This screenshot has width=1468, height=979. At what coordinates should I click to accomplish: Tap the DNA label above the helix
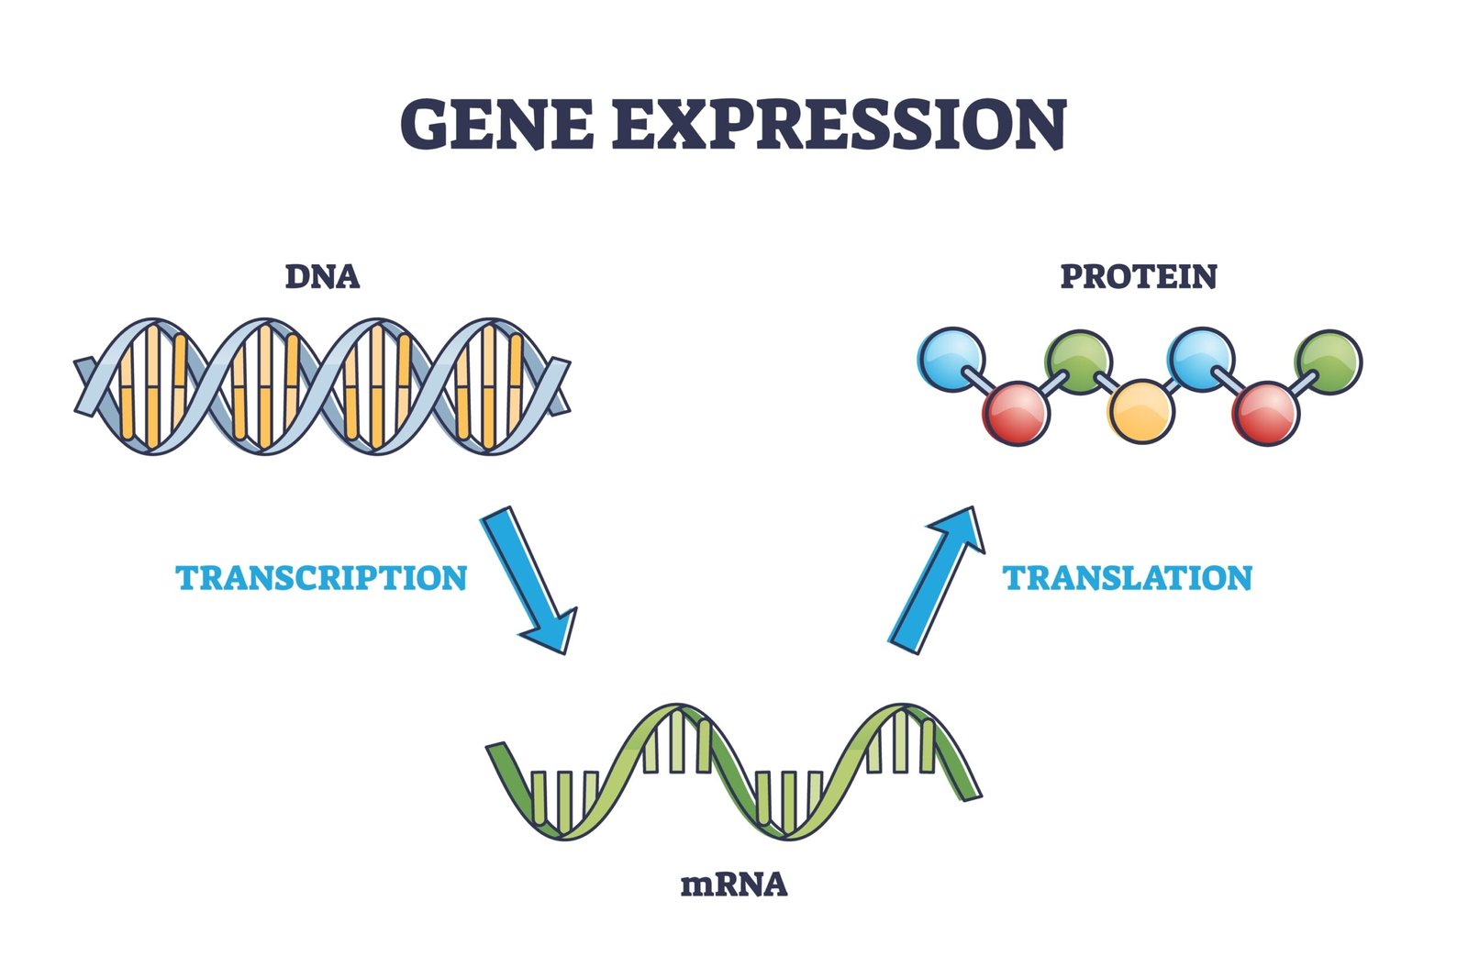(x=322, y=276)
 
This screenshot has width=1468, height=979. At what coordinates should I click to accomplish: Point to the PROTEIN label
(x=1138, y=276)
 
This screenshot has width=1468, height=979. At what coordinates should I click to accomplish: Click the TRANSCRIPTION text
(x=321, y=578)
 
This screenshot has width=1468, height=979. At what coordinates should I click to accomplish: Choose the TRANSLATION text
(x=1128, y=578)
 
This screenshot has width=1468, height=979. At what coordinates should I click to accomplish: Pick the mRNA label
(x=734, y=885)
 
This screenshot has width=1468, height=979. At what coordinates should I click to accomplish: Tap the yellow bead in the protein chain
(x=1140, y=411)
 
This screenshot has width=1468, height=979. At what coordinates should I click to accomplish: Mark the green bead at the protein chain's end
(x=1328, y=362)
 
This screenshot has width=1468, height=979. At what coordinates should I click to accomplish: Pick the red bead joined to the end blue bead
(x=1016, y=413)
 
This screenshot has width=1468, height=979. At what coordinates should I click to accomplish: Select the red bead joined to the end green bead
(x=1266, y=413)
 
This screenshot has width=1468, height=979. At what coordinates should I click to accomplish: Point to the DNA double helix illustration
(x=321, y=386)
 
